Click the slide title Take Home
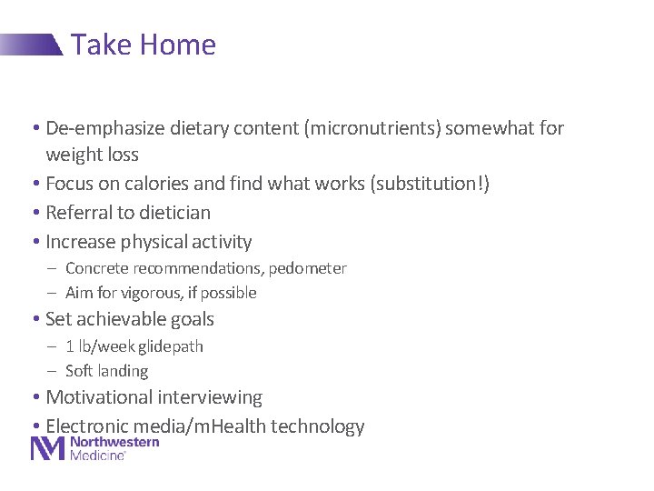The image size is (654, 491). (144, 45)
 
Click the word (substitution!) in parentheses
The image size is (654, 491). (430, 184)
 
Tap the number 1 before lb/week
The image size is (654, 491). (70, 346)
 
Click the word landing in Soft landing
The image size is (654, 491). (124, 371)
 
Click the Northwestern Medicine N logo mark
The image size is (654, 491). (48, 448)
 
